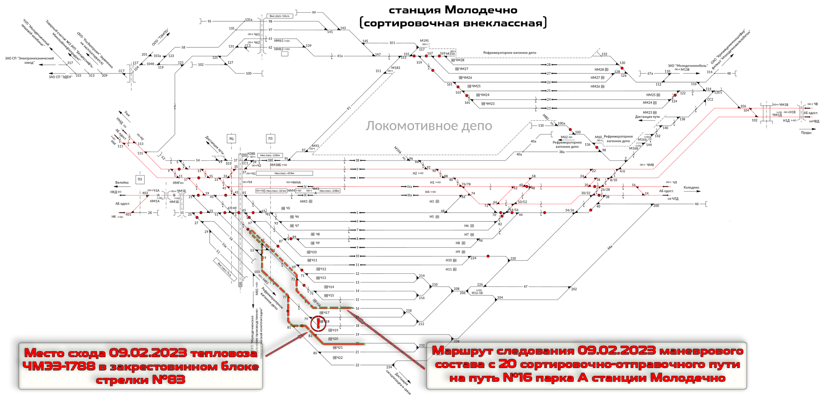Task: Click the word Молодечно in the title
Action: coord(481,10)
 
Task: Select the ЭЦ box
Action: coord(231,139)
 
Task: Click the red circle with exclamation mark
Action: coord(318,323)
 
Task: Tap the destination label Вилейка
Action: coord(122,182)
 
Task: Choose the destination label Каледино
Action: coord(691,187)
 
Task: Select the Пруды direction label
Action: coord(806,132)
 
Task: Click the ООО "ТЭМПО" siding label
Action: coord(160,37)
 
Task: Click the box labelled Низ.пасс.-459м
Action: coord(284,173)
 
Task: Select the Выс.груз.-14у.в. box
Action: coord(280,16)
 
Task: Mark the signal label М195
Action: coord(424,41)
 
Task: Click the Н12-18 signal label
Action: coord(477,293)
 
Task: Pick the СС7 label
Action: coord(121,71)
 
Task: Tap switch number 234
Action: coord(389,367)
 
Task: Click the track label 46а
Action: coord(609,248)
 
